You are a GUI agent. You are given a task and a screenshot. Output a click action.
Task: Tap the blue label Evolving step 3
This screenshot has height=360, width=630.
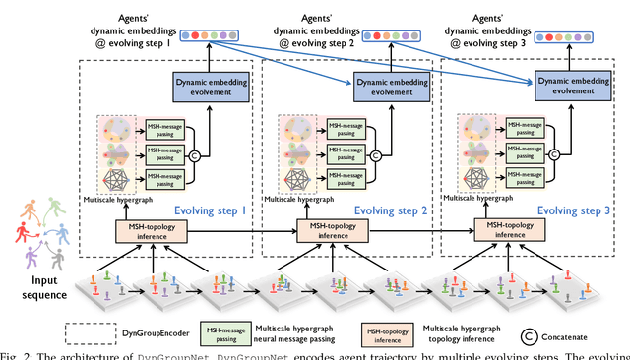(574, 210)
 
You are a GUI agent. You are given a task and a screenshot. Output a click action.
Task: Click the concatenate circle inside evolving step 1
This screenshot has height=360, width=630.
(195, 154)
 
